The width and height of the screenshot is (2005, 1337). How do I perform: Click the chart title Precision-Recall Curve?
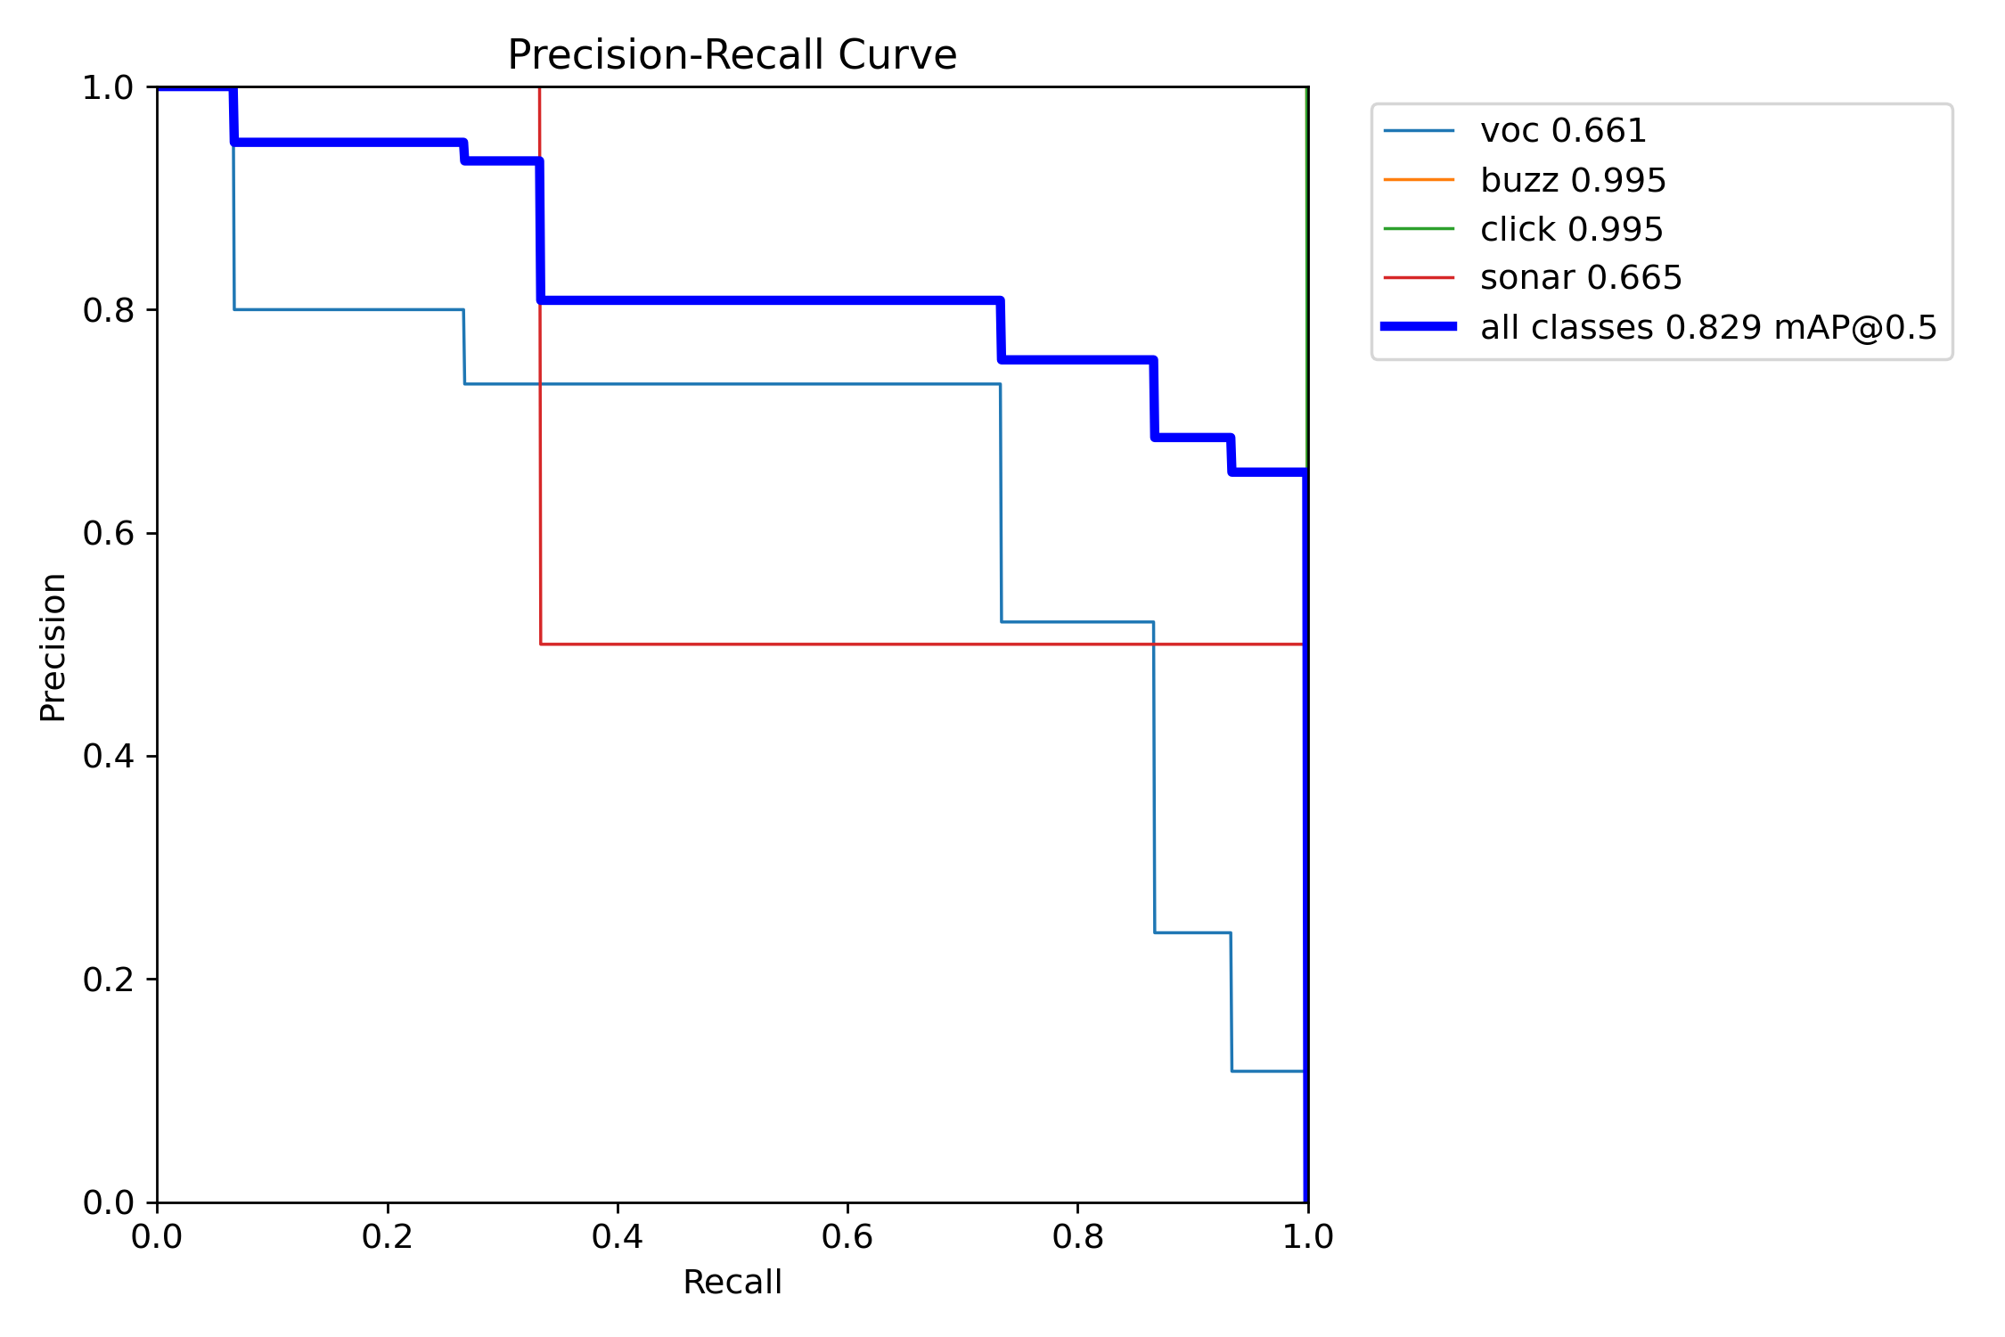tap(732, 55)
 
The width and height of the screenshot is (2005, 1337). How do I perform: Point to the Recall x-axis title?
tap(732, 1282)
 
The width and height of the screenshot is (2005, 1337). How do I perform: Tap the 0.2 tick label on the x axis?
tap(387, 1236)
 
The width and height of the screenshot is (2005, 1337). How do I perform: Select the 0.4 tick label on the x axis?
tap(617, 1236)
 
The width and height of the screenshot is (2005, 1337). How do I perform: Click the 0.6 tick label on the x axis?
tap(847, 1236)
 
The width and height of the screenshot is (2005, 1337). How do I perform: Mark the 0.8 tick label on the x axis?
tap(1077, 1236)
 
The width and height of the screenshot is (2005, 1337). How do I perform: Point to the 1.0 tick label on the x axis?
tap(1307, 1236)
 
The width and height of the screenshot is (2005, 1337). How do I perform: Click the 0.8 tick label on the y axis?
tap(107, 310)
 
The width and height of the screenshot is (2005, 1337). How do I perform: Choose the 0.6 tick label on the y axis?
tap(107, 533)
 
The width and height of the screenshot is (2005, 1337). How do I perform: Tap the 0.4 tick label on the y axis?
tap(107, 756)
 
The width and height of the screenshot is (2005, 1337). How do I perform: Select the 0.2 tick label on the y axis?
tap(107, 980)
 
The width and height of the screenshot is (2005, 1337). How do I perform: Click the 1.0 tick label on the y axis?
tap(107, 87)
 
